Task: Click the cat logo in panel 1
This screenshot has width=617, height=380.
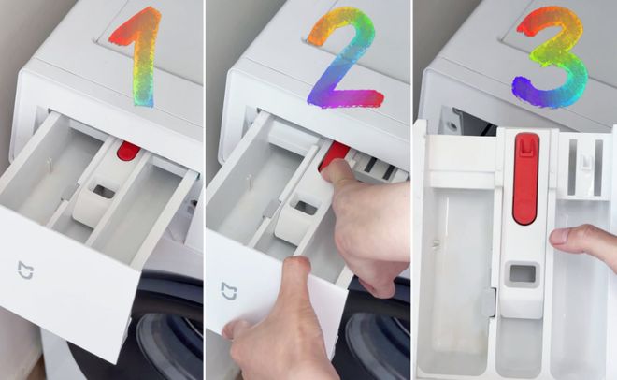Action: (x=25, y=270)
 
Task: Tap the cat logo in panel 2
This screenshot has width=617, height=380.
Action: (x=229, y=291)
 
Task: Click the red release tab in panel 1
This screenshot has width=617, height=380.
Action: (x=128, y=152)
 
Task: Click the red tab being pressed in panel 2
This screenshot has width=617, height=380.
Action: (x=333, y=155)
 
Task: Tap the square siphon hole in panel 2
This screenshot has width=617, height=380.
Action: (x=307, y=208)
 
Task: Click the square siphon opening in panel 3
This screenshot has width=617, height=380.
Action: (x=523, y=273)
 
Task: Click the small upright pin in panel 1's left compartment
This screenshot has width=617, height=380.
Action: (x=50, y=165)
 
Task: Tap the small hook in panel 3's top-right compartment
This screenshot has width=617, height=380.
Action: (x=586, y=161)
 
